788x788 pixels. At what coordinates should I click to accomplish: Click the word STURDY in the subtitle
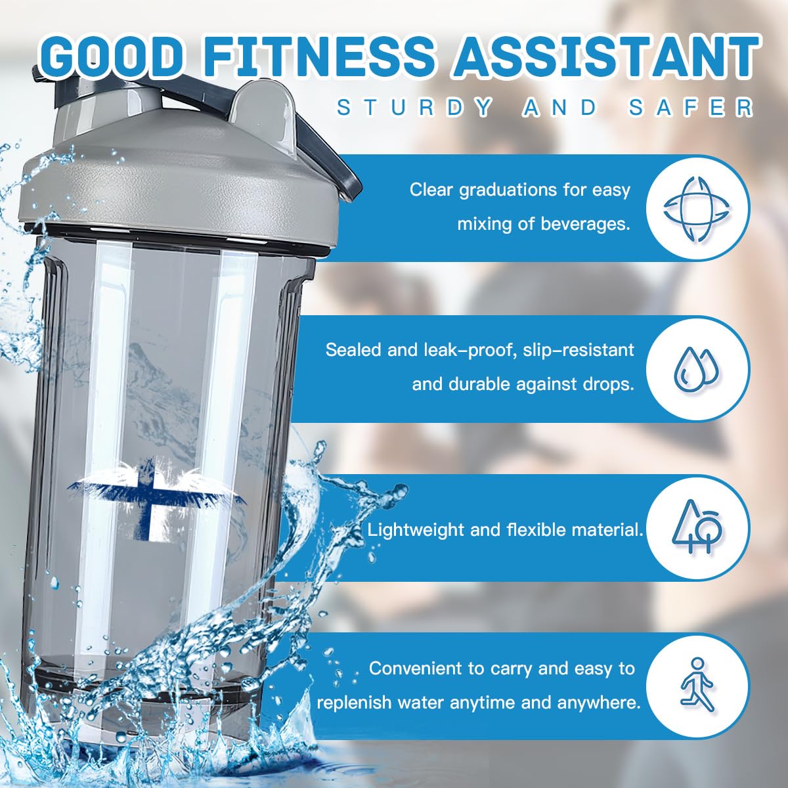tap(414, 108)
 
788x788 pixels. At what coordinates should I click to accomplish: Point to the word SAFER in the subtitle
tap(690, 108)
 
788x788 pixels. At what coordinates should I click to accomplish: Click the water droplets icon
tap(697, 367)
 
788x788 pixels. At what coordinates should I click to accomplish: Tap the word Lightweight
tap(415, 529)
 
